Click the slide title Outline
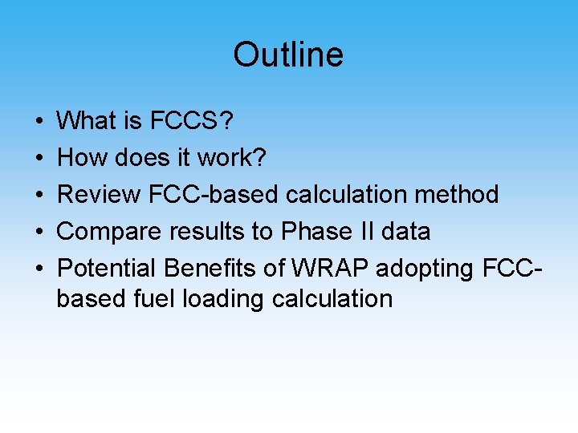[x=288, y=55]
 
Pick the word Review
[x=100, y=195]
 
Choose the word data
[x=406, y=232]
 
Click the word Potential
[x=107, y=269]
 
